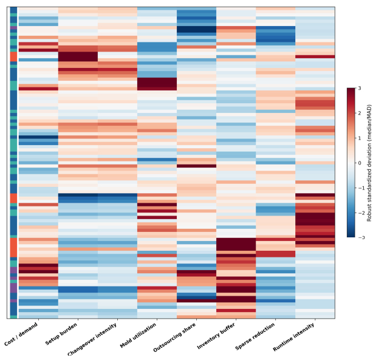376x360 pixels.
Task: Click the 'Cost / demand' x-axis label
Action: [x=21, y=334]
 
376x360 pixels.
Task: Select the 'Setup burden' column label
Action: [x=61, y=334]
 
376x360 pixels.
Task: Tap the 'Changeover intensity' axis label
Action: [x=92, y=339]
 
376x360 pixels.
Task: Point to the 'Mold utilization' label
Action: [x=138, y=335]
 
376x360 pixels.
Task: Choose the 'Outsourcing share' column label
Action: [x=174, y=337]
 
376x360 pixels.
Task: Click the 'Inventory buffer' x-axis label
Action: [x=216, y=336]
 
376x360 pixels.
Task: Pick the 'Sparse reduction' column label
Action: [x=255, y=336]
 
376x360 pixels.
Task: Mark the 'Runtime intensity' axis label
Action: [x=293, y=337]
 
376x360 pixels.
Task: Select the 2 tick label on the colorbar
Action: [x=360, y=113]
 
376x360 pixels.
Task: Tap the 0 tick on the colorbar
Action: [x=360, y=163]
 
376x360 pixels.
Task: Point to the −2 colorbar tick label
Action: [x=361, y=213]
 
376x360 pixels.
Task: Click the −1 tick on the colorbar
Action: [x=361, y=188]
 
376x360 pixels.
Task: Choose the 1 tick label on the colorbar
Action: [x=360, y=138]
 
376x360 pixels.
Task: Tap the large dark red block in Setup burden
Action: [x=78, y=56]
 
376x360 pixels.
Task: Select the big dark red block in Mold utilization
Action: [x=157, y=84]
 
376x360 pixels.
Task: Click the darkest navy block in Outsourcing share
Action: [x=196, y=29]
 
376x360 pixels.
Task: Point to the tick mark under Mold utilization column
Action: [x=157, y=320]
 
